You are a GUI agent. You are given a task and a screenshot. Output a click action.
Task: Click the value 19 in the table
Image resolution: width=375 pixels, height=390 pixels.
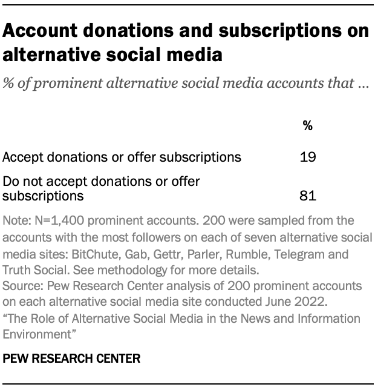[x=308, y=157]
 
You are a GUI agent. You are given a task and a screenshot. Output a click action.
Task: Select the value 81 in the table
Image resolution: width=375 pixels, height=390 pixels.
[x=308, y=196]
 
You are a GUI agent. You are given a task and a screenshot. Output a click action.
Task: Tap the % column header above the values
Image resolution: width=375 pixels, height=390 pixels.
[x=308, y=126]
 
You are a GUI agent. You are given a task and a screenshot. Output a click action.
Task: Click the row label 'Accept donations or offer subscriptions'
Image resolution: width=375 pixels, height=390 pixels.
[x=122, y=157]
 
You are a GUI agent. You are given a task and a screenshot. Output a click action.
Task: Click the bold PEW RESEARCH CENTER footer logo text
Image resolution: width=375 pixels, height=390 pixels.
[x=71, y=359]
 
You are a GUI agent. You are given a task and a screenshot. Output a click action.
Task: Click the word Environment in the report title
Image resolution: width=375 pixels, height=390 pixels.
[x=34, y=332]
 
